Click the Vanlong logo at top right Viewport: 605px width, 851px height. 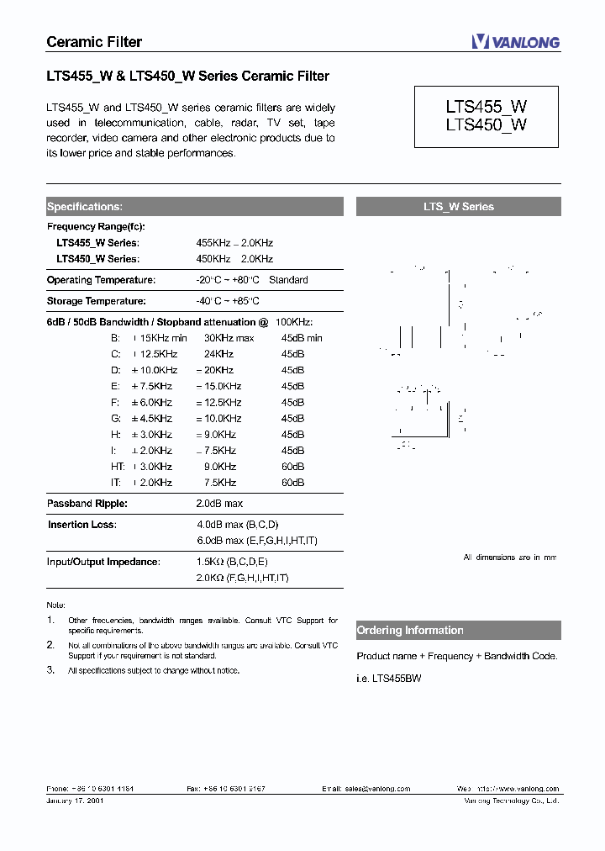coord(515,42)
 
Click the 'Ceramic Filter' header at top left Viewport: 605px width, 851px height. coord(93,42)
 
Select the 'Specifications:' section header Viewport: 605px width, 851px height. coord(85,206)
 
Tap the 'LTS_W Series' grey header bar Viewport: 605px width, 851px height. coord(458,206)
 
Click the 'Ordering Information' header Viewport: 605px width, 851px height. coord(410,631)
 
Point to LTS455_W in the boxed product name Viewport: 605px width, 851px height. coord(487,107)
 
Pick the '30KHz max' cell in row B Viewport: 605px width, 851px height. coord(229,338)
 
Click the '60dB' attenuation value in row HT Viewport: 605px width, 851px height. coord(292,467)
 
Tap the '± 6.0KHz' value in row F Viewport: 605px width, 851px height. coord(152,403)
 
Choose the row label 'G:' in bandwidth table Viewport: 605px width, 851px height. coord(116,419)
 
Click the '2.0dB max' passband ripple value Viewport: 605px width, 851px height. coord(219,504)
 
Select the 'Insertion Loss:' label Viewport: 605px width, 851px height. coord(82,525)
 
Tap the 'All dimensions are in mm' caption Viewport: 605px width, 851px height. coord(510,558)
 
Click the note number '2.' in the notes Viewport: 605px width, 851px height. coord(50,644)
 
